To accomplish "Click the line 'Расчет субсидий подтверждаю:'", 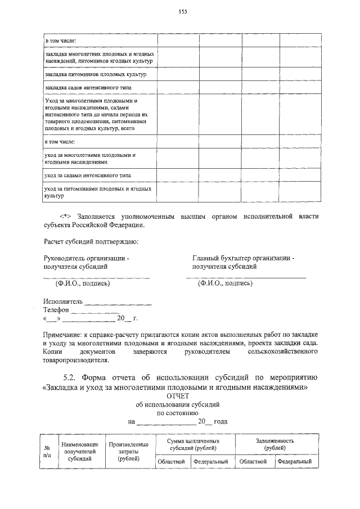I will [x=90, y=242].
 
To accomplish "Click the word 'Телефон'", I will [x=56, y=310].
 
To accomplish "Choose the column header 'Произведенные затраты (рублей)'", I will [x=129, y=451].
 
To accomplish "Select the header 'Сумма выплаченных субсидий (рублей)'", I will [x=193, y=445].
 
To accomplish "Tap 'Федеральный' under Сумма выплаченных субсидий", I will [x=210, y=462].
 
